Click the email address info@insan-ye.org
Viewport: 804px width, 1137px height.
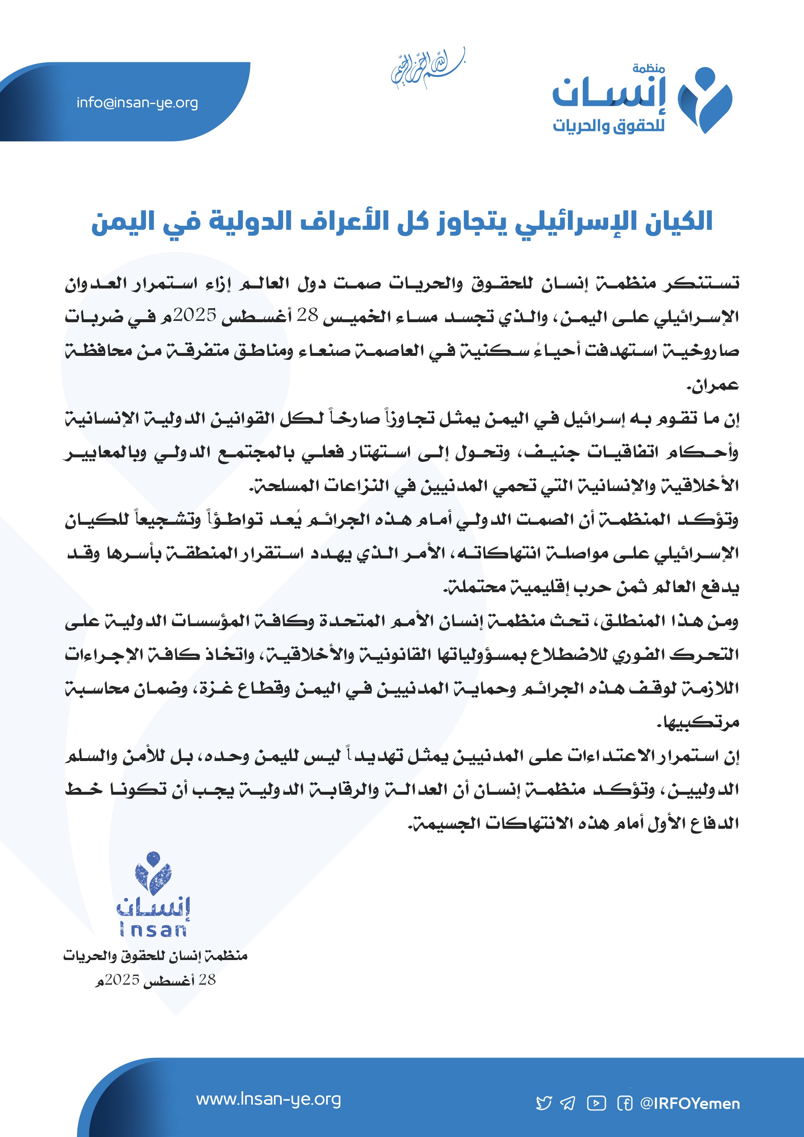coord(137,103)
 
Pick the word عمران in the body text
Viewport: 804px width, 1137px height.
coord(713,384)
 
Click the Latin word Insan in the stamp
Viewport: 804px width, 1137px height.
coord(153,930)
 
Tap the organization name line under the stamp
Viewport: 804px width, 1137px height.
coord(155,956)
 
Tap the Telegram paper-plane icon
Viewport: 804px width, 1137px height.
coord(568,1103)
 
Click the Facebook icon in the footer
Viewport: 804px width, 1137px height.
coord(624,1103)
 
